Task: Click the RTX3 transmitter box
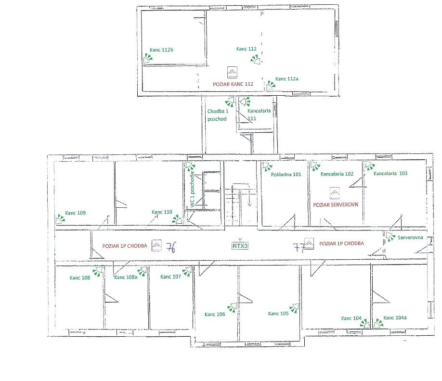point(240,246)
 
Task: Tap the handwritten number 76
point(171,248)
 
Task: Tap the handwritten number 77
point(299,248)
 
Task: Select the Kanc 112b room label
point(161,50)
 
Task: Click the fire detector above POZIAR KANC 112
point(232,72)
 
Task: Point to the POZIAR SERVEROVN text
point(336,205)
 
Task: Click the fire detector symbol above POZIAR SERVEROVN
point(334,193)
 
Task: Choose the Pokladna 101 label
point(286,175)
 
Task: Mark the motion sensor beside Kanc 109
point(60,219)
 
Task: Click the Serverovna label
point(410,237)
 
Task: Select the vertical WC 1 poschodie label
point(192,189)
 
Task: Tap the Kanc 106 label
point(215,314)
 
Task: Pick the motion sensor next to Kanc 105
point(294,308)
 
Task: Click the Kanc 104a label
point(395,317)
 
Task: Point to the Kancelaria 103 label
point(390,174)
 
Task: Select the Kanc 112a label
point(286,79)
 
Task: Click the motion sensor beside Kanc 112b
point(148,59)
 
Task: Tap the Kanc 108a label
point(126,278)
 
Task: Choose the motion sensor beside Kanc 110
point(177,219)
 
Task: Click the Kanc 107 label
point(170,277)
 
